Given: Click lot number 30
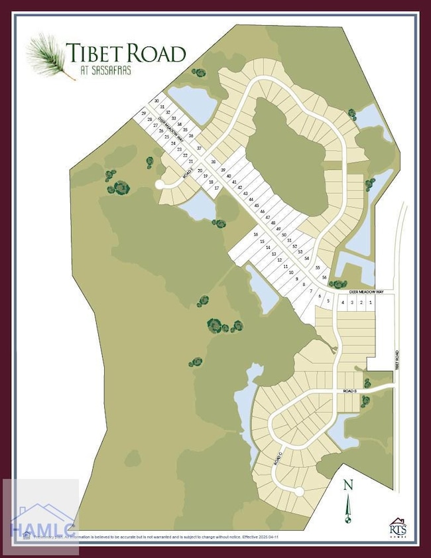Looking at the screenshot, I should [x=156, y=101].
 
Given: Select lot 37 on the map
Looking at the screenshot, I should [x=198, y=148].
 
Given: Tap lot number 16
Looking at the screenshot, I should [x=255, y=235].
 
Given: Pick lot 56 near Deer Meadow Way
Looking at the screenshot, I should [x=324, y=277].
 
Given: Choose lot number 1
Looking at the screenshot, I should [x=370, y=303].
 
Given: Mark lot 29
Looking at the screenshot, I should [x=143, y=113].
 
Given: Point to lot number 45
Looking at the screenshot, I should [x=257, y=206].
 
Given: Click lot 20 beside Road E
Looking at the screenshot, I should [x=200, y=171].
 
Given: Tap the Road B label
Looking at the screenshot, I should [x=350, y=392].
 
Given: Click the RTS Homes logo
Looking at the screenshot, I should [x=398, y=527].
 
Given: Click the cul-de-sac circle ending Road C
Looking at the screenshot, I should [x=299, y=492].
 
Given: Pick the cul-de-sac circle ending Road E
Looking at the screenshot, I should [x=159, y=184].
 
